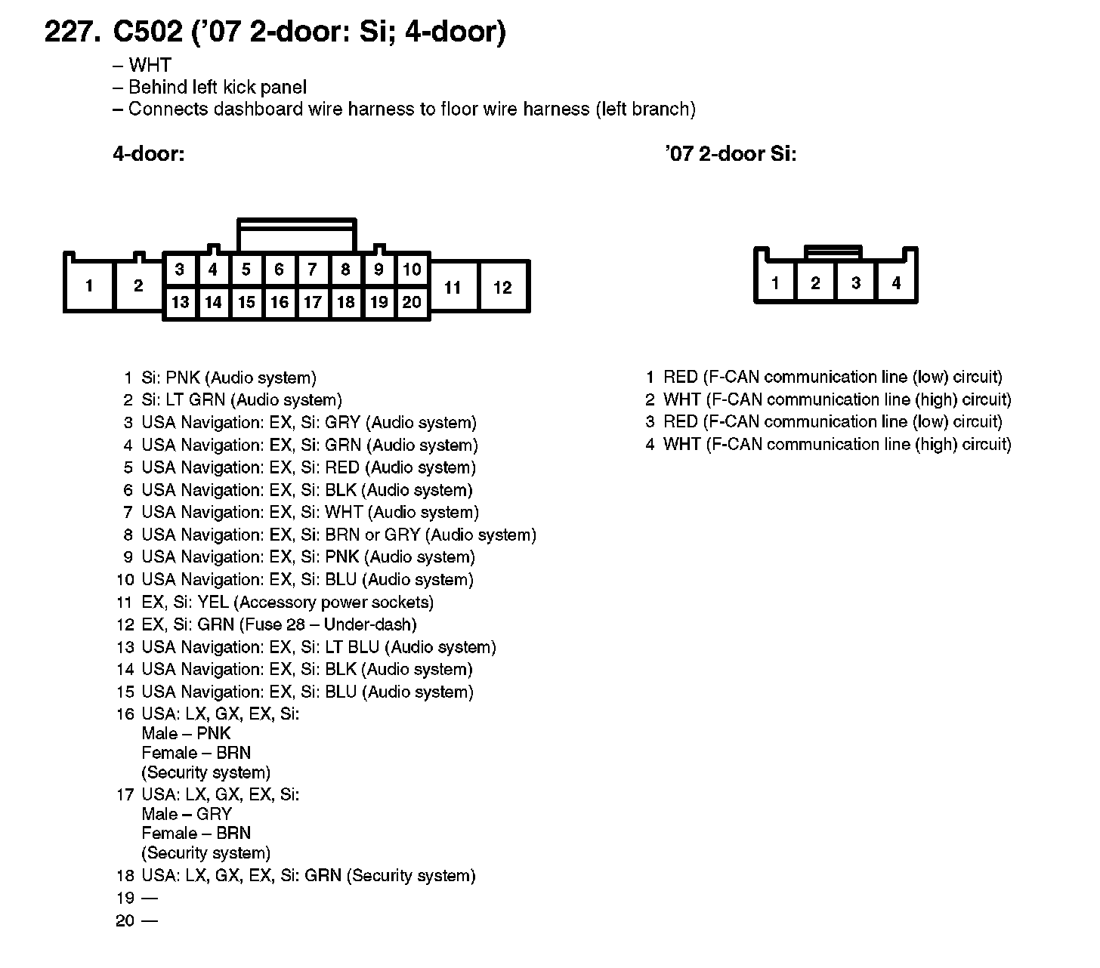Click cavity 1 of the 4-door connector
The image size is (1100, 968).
[x=89, y=286]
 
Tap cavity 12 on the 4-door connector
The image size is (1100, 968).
[x=502, y=287]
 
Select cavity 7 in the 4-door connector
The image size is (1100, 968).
[x=312, y=270]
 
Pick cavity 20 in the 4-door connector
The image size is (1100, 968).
[x=412, y=303]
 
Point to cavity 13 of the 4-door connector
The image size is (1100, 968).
[x=180, y=303]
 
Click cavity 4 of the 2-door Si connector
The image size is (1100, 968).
[x=896, y=283]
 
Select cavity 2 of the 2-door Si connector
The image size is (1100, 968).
[x=815, y=283]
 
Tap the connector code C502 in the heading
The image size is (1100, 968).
[x=147, y=32]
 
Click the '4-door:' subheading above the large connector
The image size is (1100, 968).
[x=149, y=154]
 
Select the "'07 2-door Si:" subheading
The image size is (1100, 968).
[x=731, y=154]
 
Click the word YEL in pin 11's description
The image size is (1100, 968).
[x=213, y=603]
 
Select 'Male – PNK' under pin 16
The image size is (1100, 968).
[x=186, y=733]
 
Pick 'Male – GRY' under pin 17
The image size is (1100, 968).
[x=187, y=814]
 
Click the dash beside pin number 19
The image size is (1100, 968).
[x=150, y=899]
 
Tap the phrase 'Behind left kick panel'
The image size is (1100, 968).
[x=217, y=88]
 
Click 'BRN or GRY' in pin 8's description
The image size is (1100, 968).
[x=372, y=535]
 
